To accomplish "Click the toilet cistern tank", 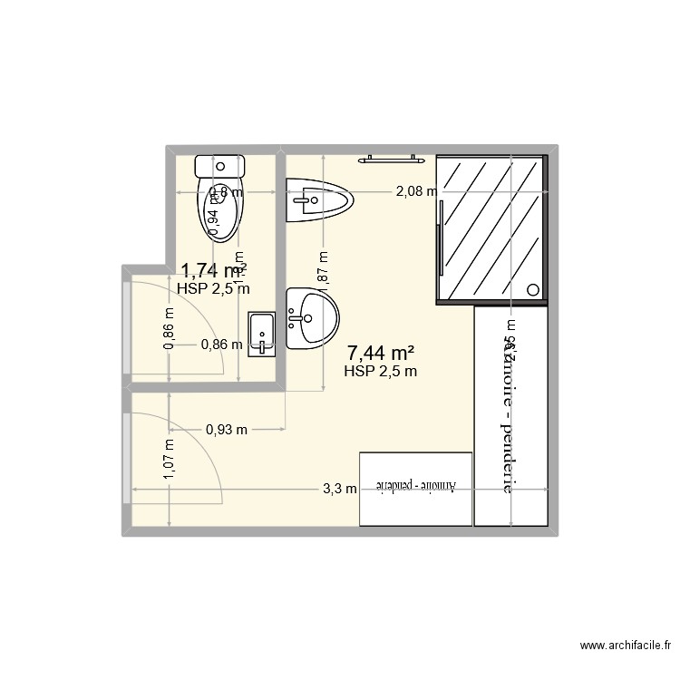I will pyautogui.click(x=220, y=166).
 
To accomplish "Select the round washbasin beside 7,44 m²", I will pyautogui.click(x=311, y=318).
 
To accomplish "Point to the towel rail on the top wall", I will pyautogui.click(x=392, y=160).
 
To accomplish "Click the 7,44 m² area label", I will pyautogui.click(x=381, y=352).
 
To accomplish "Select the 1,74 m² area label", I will pyautogui.click(x=214, y=270).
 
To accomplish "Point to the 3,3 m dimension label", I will pyautogui.click(x=340, y=491).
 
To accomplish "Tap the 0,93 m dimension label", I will pyautogui.click(x=227, y=429).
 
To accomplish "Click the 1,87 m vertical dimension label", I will pyautogui.click(x=324, y=268).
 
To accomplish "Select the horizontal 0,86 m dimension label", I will pyautogui.click(x=222, y=345).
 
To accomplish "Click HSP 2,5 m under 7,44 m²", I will pyautogui.click(x=381, y=370).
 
